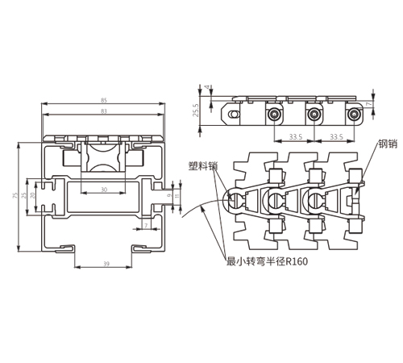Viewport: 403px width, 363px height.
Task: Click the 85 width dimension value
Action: click(x=104, y=101)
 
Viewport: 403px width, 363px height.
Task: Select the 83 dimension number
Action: click(x=104, y=111)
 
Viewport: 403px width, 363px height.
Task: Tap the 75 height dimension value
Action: click(x=15, y=195)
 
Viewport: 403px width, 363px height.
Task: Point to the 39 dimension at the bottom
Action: click(x=106, y=264)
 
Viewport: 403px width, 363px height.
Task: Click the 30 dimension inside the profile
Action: click(x=104, y=190)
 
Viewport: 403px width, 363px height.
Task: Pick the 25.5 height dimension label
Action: click(x=196, y=110)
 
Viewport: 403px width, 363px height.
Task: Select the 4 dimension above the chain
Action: click(x=206, y=87)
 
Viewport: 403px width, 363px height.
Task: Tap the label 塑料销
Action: click(x=203, y=166)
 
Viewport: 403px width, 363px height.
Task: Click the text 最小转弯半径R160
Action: click(x=267, y=261)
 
